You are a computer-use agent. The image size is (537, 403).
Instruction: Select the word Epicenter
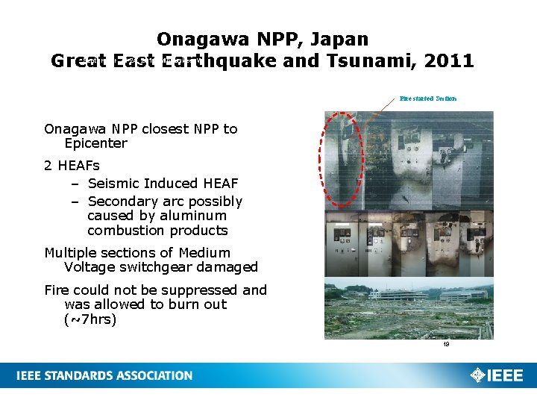[96, 143]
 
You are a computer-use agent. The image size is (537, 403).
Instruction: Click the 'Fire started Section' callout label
[428, 99]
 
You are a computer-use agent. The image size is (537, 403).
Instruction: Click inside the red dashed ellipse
[344, 158]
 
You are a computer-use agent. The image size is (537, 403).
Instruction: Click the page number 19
[445, 345]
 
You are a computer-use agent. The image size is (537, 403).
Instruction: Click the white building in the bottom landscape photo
[395, 295]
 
